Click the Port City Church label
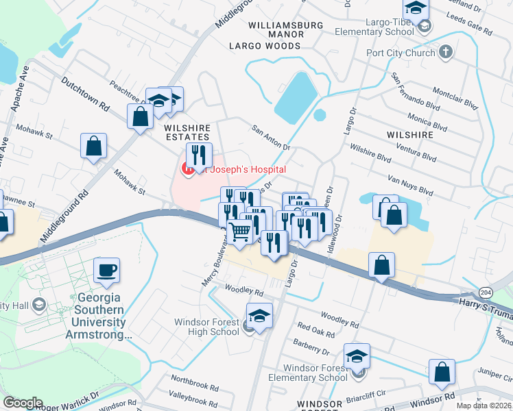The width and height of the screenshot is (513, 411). click(x=401, y=53)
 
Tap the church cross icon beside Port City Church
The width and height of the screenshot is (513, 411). click(x=446, y=51)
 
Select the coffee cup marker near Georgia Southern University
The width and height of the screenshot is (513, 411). click(x=106, y=271)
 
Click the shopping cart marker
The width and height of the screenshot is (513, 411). click(x=239, y=232)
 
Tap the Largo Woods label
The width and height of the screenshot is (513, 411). click(x=265, y=46)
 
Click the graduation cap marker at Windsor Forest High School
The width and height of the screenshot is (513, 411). click(x=259, y=316)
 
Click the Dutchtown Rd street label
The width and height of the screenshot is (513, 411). click(x=86, y=96)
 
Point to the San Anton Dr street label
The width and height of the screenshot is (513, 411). click(x=272, y=137)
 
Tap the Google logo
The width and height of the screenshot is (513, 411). click(x=23, y=402)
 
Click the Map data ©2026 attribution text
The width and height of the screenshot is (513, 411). click(x=484, y=406)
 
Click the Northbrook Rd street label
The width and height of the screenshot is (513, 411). click(x=194, y=379)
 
